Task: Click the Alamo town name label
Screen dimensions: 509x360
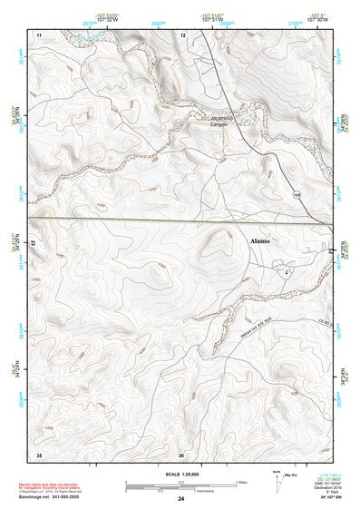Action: point(260,242)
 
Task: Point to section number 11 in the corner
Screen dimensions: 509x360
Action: point(39,34)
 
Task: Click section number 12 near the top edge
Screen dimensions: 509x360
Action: point(183,34)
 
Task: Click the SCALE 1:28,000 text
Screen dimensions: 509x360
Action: point(180,473)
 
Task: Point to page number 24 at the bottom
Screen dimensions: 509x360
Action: point(181,499)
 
